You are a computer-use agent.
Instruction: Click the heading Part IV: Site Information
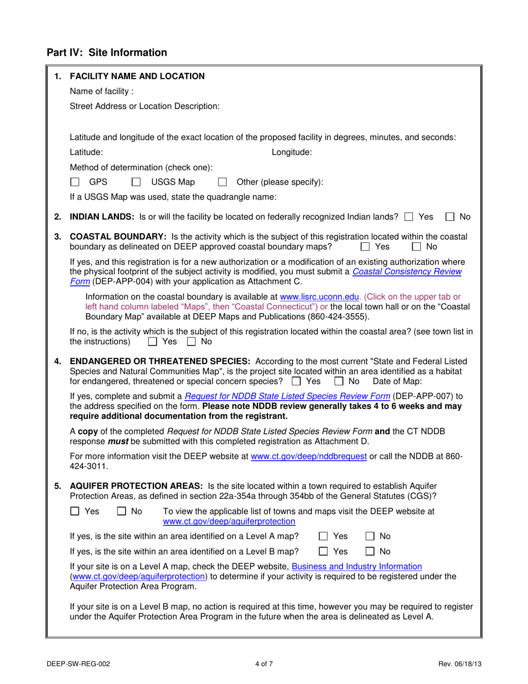point(107,53)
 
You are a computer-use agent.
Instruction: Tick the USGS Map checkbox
point(136,182)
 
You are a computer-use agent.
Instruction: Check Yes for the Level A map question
point(323,537)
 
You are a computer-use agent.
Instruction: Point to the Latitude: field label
point(86,152)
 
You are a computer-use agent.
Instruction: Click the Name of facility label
point(101,91)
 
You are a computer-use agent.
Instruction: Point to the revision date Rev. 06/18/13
point(456,663)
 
